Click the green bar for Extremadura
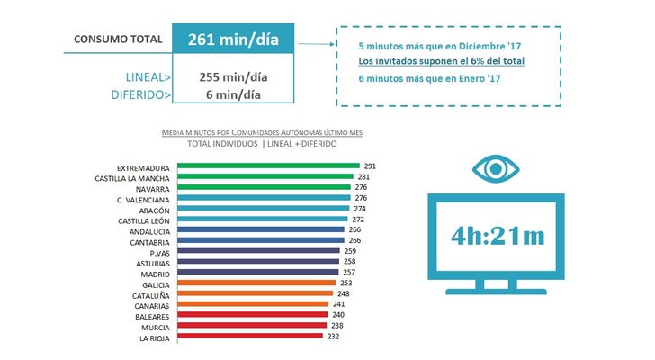[268, 166]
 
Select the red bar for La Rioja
[249, 336]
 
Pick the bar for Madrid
[258, 272]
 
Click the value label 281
[364, 177]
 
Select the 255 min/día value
[232, 76]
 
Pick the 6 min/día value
[232, 94]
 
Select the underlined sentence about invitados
[441, 61]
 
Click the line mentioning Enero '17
[429, 78]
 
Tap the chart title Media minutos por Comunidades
[261, 132]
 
